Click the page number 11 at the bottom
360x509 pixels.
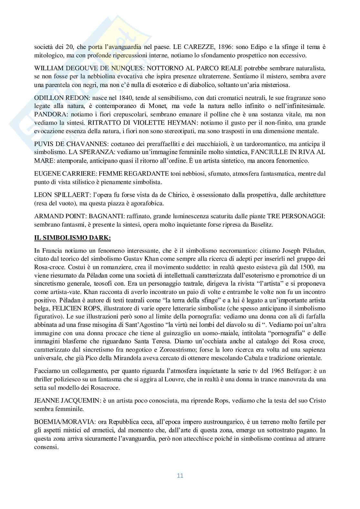[180, 475]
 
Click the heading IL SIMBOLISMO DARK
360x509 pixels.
[73, 238]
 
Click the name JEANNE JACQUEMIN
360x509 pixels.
[67, 401]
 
